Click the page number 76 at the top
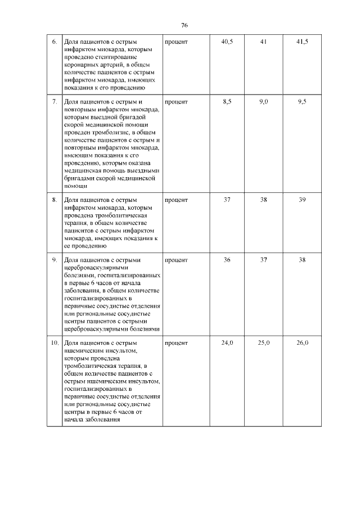tap(184, 25)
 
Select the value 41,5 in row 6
tap(303, 42)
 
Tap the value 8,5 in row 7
tap(228, 102)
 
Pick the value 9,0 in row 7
tap(264, 102)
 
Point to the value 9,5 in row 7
tap(302, 102)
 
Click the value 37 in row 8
tap(228, 200)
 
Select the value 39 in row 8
tap(302, 200)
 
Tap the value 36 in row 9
tap(228, 260)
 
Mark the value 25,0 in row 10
tap(264, 343)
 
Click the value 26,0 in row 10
tap(303, 343)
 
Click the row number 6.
tap(54, 42)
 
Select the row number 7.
tap(54, 102)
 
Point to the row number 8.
tap(54, 200)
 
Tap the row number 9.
tap(54, 260)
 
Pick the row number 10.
tap(53, 343)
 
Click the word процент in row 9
tap(176, 260)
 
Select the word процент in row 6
tap(176, 42)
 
